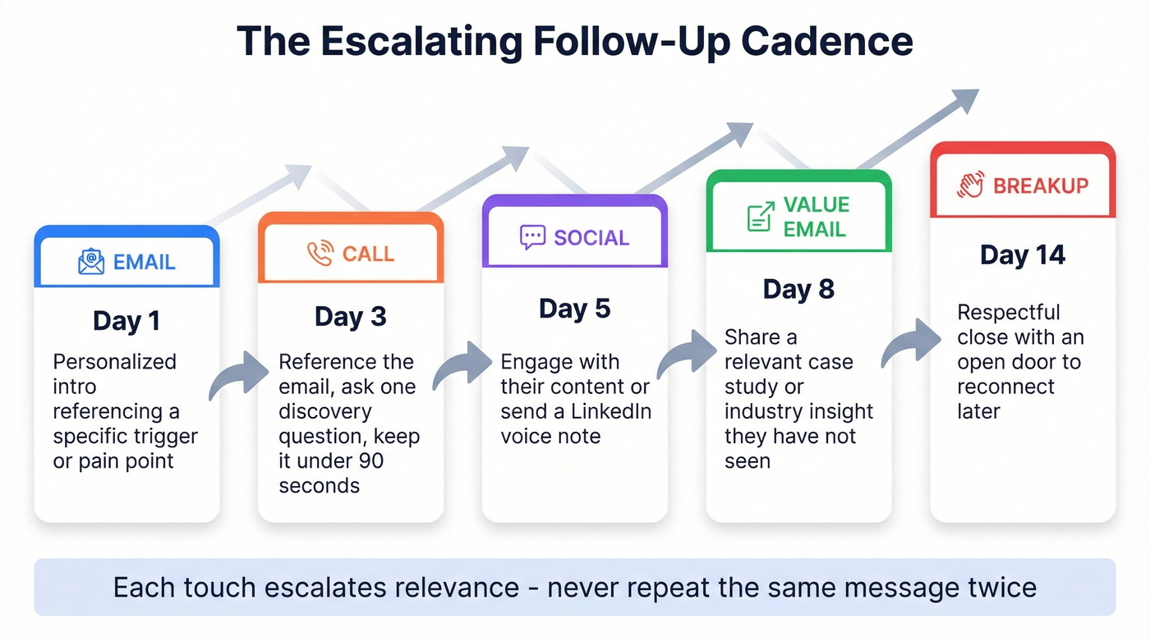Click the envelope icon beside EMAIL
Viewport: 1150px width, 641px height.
pos(90,262)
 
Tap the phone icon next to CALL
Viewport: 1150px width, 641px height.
pos(320,254)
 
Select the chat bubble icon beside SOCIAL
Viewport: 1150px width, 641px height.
pos(532,237)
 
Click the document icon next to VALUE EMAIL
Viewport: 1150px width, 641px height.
pos(761,217)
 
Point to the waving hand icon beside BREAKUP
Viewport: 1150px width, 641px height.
pos(970,185)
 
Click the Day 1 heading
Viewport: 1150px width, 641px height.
pos(126,320)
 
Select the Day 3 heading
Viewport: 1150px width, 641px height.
pos(350,317)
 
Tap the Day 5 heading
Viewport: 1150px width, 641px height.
pos(574,309)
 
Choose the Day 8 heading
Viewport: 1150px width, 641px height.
pos(798,289)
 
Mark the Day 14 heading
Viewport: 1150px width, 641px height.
pos(1023,255)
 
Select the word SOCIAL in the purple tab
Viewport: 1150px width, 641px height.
pos(591,238)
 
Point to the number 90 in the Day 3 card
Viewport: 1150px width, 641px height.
pos(371,460)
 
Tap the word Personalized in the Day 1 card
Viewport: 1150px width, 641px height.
pos(114,362)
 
